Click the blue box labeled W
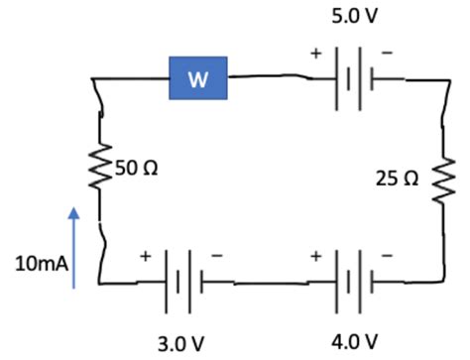click(x=198, y=79)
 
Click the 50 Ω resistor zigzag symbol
click(x=99, y=171)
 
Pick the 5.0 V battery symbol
click(x=351, y=71)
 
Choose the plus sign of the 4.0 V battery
click(x=317, y=256)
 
